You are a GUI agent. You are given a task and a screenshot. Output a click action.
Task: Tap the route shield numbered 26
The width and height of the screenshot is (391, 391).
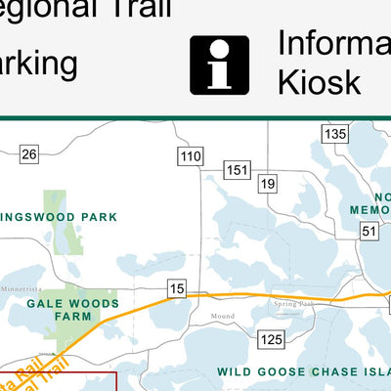click(28, 153)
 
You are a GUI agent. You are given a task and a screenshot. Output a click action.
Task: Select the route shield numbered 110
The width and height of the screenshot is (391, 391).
click(191, 155)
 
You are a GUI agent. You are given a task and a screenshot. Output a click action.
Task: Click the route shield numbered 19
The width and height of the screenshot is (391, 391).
click(268, 183)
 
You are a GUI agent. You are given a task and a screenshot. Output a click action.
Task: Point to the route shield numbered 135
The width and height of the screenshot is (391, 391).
click(337, 134)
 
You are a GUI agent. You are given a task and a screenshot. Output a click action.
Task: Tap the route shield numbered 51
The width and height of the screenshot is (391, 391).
click(369, 231)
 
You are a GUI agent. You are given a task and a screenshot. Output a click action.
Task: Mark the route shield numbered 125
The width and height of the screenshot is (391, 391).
click(271, 338)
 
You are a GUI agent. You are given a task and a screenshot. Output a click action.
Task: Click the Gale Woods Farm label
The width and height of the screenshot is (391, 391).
click(73, 310)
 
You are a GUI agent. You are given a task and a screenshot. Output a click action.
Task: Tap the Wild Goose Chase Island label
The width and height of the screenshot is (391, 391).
click(303, 371)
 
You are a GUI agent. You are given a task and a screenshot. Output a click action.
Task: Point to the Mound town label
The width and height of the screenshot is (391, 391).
click(223, 317)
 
